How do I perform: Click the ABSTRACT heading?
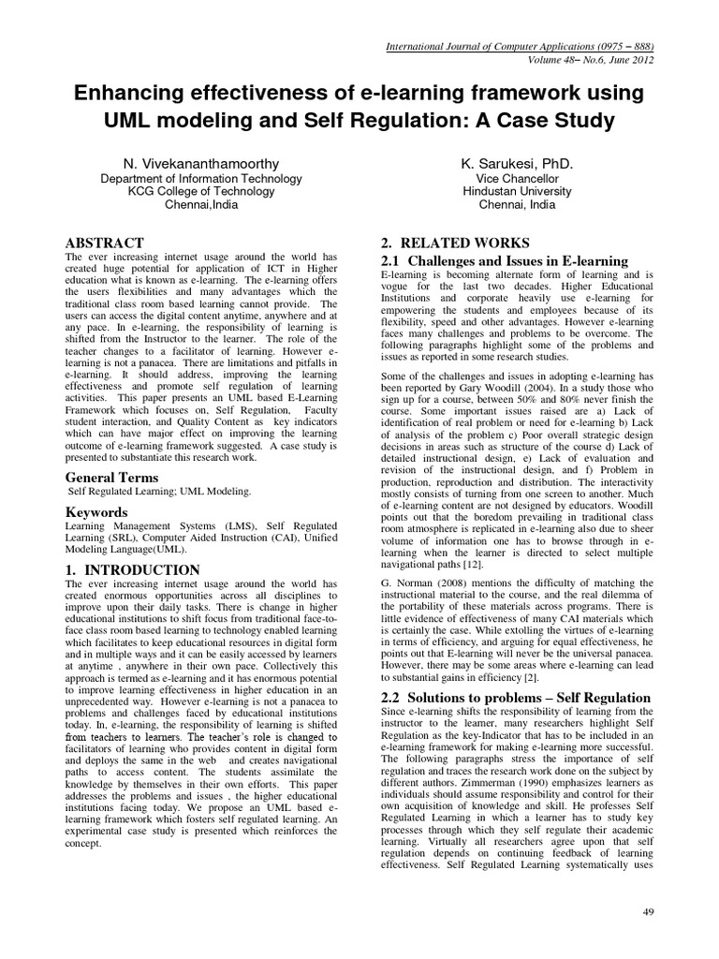pyautogui.click(x=104, y=243)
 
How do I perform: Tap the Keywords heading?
pyautogui.click(x=95, y=512)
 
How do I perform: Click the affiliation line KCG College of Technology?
pyautogui.click(x=189, y=191)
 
